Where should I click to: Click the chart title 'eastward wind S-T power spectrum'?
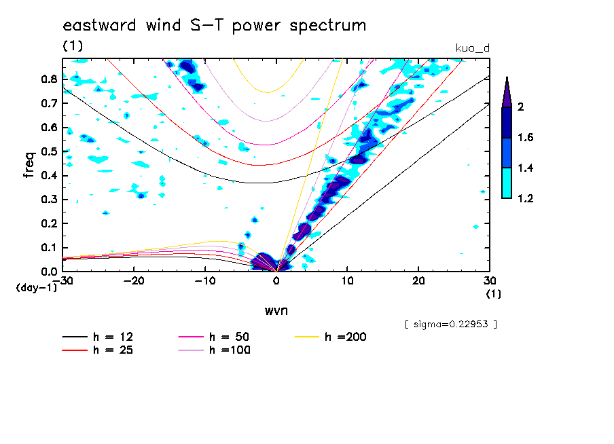click(x=215, y=26)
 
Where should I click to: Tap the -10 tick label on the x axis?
click(x=205, y=280)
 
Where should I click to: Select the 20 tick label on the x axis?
click(x=418, y=280)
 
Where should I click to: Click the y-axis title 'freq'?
click(x=29, y=165)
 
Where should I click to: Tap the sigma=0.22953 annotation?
click(x=451, y=324)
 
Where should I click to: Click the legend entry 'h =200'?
click(x=346, y=337)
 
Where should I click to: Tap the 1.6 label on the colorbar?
click(x=525, y=137)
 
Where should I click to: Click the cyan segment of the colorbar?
click(x=507, y=183)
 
